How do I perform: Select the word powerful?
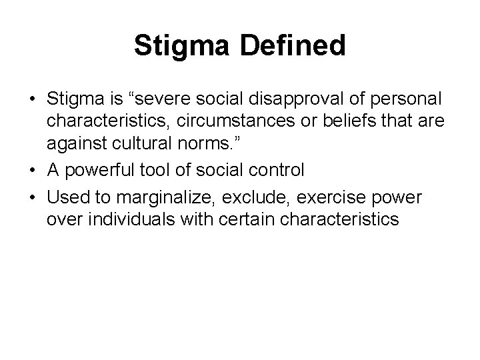tap(94, 171)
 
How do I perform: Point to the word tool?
tap(151, 171)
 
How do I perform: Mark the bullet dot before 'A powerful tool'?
tap(33, 171)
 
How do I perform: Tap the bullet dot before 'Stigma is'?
tap(33, 99)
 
